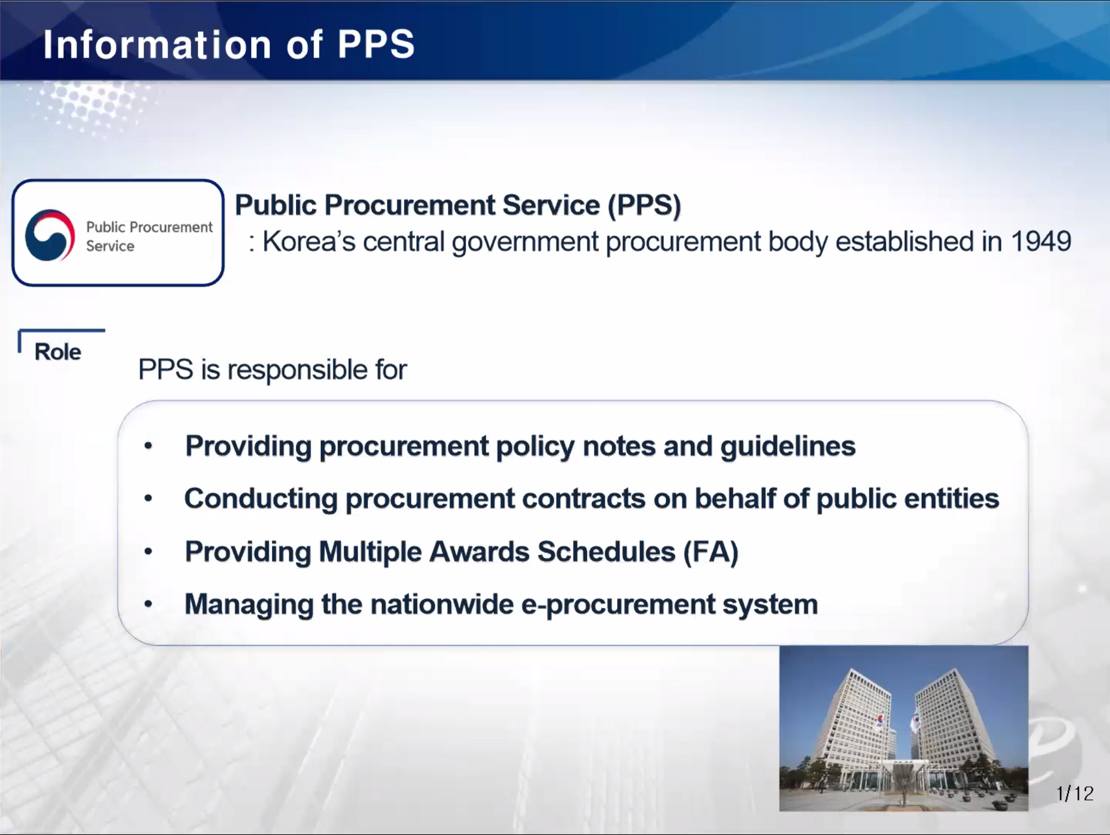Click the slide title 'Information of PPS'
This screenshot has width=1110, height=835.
click(229, 45)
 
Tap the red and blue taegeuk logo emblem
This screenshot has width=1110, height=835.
click(50, 235)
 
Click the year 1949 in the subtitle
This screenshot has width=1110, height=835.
click(1040, 241)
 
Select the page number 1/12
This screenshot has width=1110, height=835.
click(1075, 793)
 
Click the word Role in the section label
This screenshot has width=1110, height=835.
click(57, 352)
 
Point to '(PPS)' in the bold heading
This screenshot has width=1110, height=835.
click(644, 205)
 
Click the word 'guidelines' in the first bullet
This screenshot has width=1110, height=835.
click(787, 446)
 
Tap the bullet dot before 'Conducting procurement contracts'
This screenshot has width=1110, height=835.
click(149, 498)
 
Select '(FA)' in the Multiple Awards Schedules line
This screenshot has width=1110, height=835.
click(711, 551)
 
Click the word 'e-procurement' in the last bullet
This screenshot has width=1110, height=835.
click(618, 605)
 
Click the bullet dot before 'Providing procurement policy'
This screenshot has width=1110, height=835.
click(149, 445)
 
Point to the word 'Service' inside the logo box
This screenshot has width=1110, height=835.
click(110, 246)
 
